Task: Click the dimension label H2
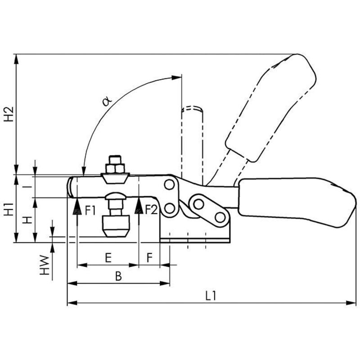point(9,114)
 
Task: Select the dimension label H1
point(9,211)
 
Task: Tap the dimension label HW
point(45,265)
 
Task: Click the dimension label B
point(118,276)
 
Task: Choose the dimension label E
point(108,258)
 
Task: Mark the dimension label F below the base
point(150,258)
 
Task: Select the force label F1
point(90,210)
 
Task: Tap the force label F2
point(151,210)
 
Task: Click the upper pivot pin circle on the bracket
point(169,184)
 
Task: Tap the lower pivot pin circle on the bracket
point(169,208)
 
